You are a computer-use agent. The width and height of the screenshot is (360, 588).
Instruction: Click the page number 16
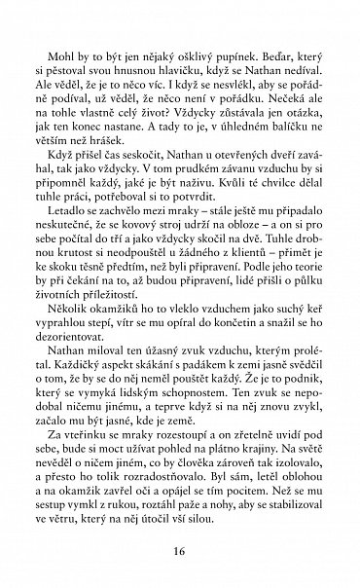point(180,552)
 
